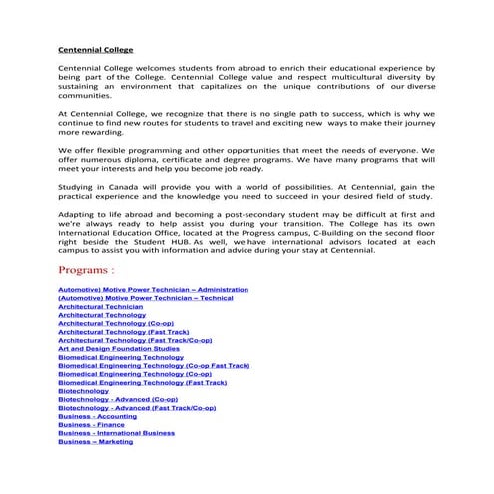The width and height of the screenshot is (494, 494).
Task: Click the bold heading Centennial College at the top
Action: tap(96, 49)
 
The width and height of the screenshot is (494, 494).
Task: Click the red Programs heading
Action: tap(86, 270)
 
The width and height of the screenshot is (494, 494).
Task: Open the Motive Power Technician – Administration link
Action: tap(153, 289)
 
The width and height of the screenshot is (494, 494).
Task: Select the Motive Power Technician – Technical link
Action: tap(145, 298)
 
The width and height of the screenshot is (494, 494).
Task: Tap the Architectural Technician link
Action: tap(100, 306)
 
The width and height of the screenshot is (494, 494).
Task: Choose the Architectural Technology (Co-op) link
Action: tap(115, 323)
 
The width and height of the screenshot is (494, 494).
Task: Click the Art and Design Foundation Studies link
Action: tap(119, 349)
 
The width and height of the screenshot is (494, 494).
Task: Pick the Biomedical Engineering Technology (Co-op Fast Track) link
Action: tap(154, 366)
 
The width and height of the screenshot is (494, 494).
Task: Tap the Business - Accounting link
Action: tap(98, 417)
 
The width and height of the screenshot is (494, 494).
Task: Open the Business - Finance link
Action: tap(91, 425)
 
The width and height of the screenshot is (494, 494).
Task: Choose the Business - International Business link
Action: tap(116, 434)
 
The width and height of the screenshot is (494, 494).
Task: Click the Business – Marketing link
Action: tap(95, 442)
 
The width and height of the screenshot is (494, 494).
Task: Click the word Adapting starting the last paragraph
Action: tap(80, 214)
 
